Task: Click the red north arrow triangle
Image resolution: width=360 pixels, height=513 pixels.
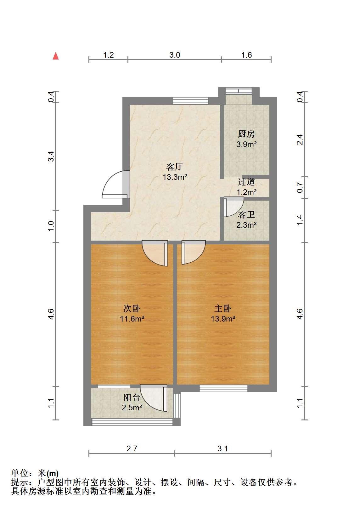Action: coord(56,56)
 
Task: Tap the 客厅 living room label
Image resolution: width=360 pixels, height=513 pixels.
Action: coord(175,167)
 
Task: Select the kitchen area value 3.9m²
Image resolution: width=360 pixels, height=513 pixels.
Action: coord(246,144)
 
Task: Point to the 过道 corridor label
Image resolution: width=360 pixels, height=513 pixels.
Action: coord(246,182)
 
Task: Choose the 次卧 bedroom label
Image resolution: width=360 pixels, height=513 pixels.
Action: coord(132,309)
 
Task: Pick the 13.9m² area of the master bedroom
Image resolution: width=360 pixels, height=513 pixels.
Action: coord(223,319)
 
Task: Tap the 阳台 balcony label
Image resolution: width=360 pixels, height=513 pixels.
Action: coord(132,397)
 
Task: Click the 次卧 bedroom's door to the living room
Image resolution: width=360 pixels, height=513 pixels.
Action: coord(155,253)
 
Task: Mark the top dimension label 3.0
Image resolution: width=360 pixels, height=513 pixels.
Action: coord(175,55)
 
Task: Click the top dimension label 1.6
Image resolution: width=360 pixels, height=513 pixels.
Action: coord(246,55)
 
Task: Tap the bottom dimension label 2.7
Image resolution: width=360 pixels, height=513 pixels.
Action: coord(132,448)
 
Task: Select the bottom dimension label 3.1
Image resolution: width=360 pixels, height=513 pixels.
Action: coord(223,448)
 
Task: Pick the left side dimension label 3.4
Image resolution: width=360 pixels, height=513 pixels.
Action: coord(51,157)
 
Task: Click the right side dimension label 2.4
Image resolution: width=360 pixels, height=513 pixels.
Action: coord(300,140)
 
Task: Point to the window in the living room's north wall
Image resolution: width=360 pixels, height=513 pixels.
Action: coord(190,101)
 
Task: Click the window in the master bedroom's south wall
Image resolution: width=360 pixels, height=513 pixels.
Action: coord(223,388)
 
